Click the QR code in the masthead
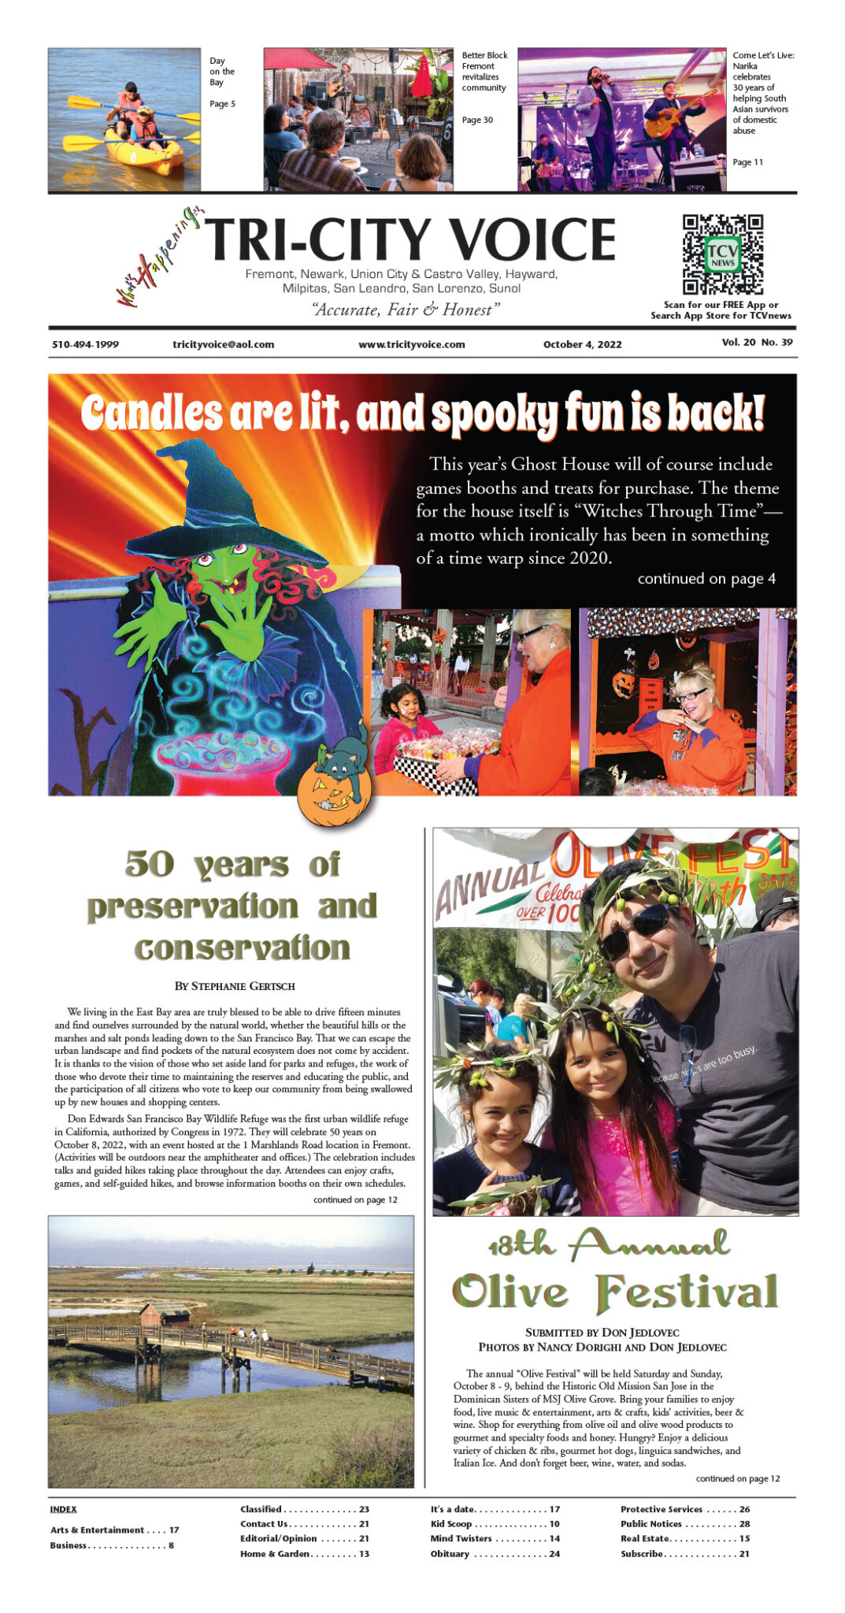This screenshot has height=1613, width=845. [x=722, y=254]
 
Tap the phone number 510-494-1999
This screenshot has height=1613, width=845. [x=86, y=344]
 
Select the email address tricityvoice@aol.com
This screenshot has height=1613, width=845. [x=223, y=344]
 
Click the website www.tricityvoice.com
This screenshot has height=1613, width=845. [x=411, y=344]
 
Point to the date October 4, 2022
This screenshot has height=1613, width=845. [x=582, y=344]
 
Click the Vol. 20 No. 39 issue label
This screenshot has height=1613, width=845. [x=757, y=342]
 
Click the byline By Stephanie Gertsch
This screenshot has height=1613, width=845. [x=235, y=985]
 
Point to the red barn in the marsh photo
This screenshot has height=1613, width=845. [x=165, y=1314]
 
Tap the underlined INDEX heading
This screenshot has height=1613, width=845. [x=63, y=1509]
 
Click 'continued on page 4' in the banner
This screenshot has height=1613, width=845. [x=706, y=579]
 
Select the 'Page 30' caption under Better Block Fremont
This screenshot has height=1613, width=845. [x=477, y=120]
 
